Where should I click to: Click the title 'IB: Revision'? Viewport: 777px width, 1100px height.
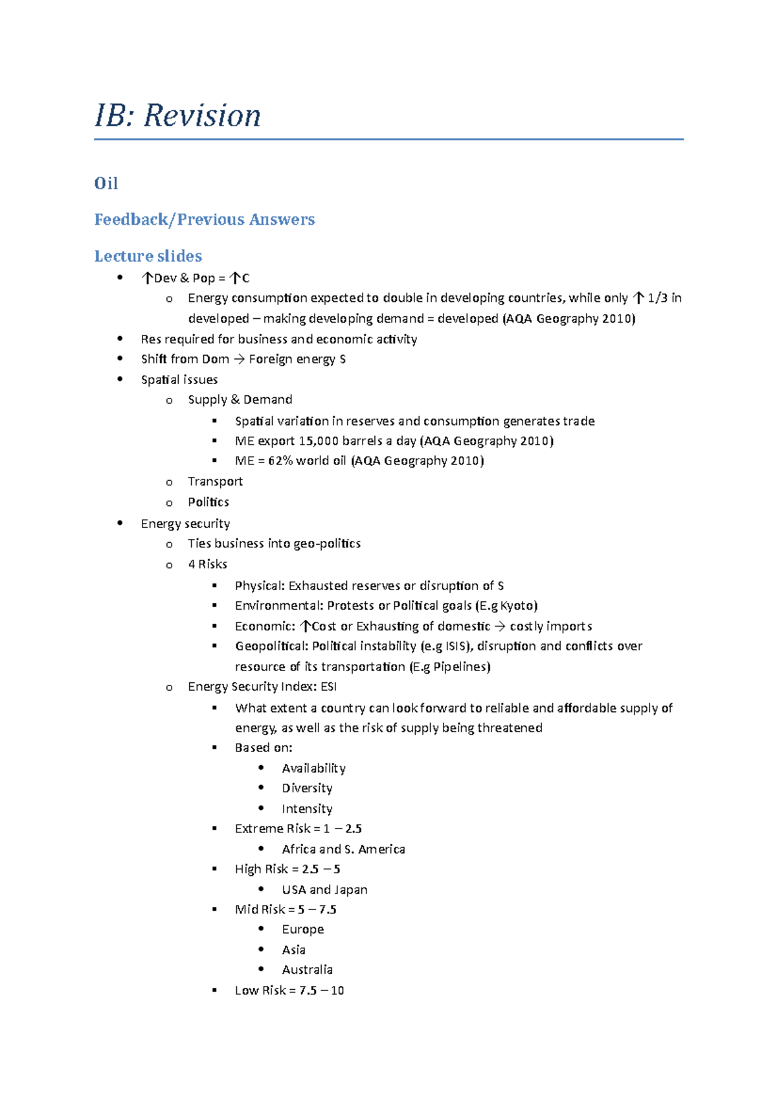click(x=177, y=116)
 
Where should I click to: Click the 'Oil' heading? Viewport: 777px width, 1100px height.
click(x=106, y=183)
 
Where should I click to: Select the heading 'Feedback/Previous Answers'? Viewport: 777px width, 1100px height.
click(x=205, y=220)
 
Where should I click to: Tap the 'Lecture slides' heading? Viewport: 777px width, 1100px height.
click(x=148, y=256)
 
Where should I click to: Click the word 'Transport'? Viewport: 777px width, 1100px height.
click(x=215, y=481)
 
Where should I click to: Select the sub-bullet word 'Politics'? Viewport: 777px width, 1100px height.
click(x=208, y=502)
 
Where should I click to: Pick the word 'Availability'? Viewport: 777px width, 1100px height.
click(x=313, y=768)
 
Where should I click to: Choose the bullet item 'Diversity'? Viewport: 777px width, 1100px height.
click(x=307, y=788)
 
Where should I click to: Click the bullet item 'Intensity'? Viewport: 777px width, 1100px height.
click(x=307, y=809)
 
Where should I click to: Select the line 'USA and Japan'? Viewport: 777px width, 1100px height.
click(x=324, y=890)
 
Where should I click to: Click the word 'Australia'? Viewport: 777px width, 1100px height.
click(x=307, y=970)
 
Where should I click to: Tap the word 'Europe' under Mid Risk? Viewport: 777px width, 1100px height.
click(x=302, y=930)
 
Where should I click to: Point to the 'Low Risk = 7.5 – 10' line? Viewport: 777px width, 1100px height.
click(x=289, y=991)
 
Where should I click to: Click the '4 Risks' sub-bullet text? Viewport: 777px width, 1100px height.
click(x=207, y=564)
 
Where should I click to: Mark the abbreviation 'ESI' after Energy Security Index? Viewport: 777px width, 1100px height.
click(x=328, y=687)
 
